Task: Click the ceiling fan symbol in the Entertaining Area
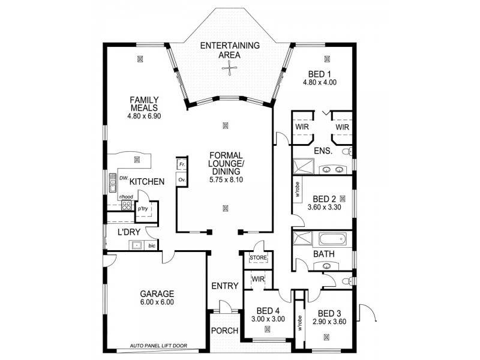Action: coord(229,69)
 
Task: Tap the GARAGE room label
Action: coord(157,294)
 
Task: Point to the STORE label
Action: coord(258,258)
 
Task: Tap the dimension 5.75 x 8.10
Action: coord(225,179)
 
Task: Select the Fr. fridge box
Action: coord(182,164)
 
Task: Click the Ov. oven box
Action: coord(182,179)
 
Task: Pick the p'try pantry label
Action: coord(143,208)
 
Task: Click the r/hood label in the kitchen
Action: coord(125,197)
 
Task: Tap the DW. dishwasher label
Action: coord(122,179)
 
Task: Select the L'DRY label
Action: coord(128,232)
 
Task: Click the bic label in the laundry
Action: coord(152,245)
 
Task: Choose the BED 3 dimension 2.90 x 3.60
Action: coord(329,322)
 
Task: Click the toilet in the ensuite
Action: coord(347,152)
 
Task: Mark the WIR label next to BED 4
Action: coord(259,279)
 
